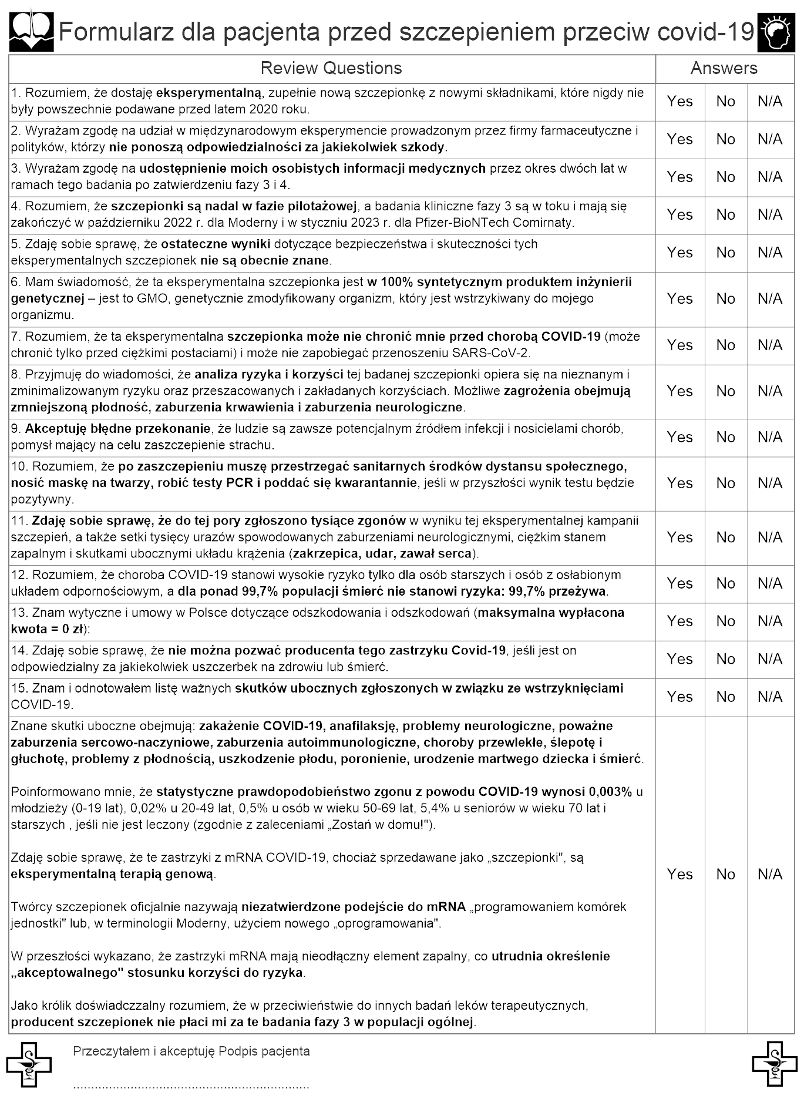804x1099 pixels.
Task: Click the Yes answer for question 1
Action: [679, 102]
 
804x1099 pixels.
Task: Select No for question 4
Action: [725, 215]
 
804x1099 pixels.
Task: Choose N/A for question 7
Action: [769, 345]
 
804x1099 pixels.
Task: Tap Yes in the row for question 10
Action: [679, 483]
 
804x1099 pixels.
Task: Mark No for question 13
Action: [725, 621]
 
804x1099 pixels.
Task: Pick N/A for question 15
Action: [769, 697]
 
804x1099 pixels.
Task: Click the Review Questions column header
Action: [331, 68]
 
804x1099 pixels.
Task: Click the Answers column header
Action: [724, 68]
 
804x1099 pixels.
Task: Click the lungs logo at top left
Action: [31, 32]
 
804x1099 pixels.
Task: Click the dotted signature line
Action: [191, 1087]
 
